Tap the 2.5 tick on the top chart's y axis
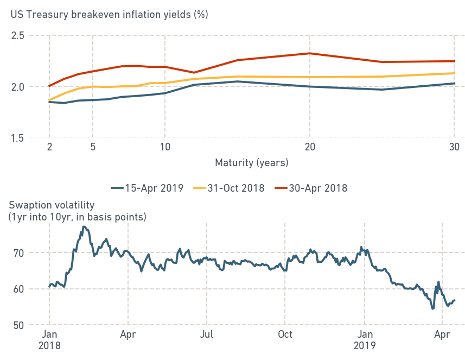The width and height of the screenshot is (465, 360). (18, 35)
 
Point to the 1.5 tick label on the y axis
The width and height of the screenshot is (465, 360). (18, 137)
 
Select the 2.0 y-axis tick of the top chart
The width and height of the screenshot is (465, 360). (18, 86)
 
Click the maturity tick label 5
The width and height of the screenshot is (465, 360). (92, 147)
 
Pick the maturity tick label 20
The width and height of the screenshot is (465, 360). (309, 147)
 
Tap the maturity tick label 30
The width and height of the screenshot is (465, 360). (454, 147)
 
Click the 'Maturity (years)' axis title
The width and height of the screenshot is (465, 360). (252, 162)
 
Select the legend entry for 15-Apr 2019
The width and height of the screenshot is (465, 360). (147, 188)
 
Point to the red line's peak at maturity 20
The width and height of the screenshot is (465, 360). (309, 53)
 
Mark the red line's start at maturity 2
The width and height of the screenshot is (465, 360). (49, 86)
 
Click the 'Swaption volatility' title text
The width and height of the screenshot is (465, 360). (52, 205)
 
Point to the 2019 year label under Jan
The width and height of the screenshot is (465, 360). (365, 345)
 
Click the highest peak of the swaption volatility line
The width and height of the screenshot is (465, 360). (84, 226)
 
